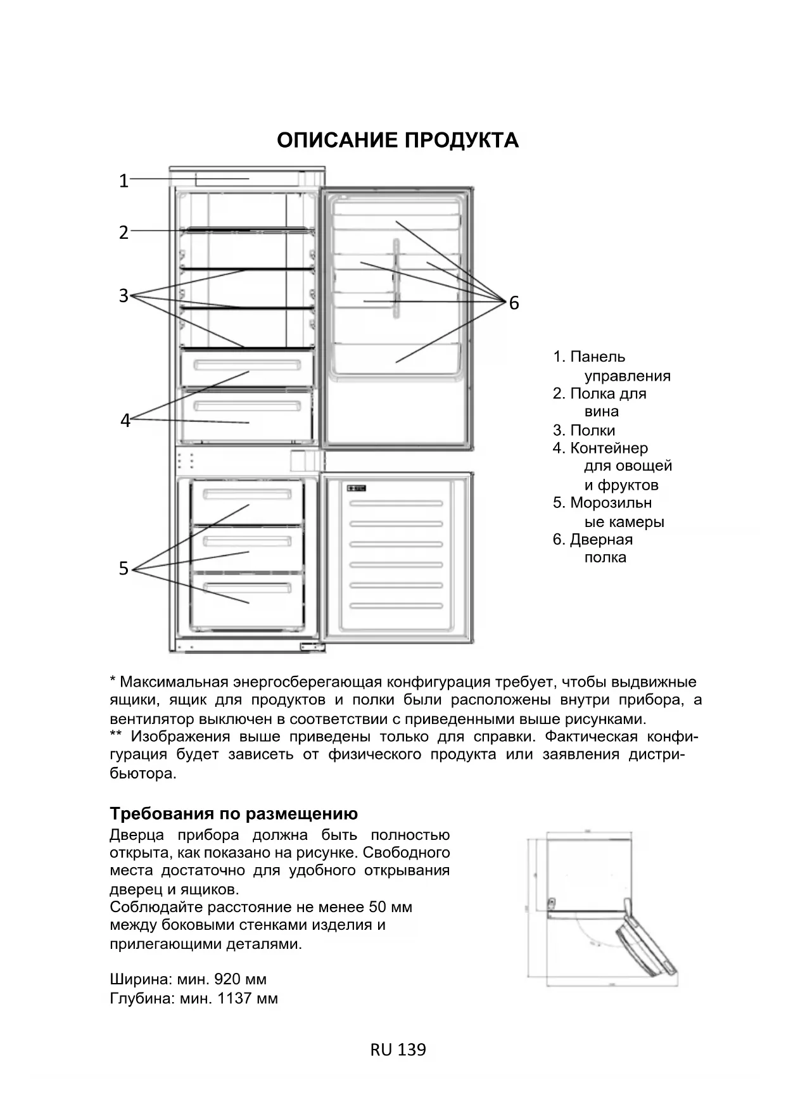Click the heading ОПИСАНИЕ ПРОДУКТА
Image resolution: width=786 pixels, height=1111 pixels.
pos(397,140)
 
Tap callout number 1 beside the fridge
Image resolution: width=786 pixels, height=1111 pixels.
pos(124,181)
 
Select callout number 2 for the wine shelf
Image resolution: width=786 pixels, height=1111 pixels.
pos(124,232)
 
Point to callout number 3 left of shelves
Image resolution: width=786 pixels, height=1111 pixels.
pos(124,295)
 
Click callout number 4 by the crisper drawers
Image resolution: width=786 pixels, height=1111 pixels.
pos(125,420)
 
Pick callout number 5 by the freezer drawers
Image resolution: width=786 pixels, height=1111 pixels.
pos(124,568)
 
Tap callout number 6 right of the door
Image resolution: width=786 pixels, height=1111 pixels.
pos(514,303)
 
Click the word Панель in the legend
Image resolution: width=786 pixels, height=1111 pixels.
pos(597,357)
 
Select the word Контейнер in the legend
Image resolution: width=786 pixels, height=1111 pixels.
pos(609,448)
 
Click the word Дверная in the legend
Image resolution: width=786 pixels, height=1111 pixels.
pos(601,539)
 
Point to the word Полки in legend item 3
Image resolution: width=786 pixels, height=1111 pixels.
pos(592,430)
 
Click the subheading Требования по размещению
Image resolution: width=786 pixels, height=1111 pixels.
pos(234,813)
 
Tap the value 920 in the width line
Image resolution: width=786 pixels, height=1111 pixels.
pos(227,979)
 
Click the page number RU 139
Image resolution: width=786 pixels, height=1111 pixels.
pos(398,1050)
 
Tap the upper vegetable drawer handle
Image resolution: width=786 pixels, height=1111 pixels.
pos(247,365)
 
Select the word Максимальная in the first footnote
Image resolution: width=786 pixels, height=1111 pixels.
pos(174,682)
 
